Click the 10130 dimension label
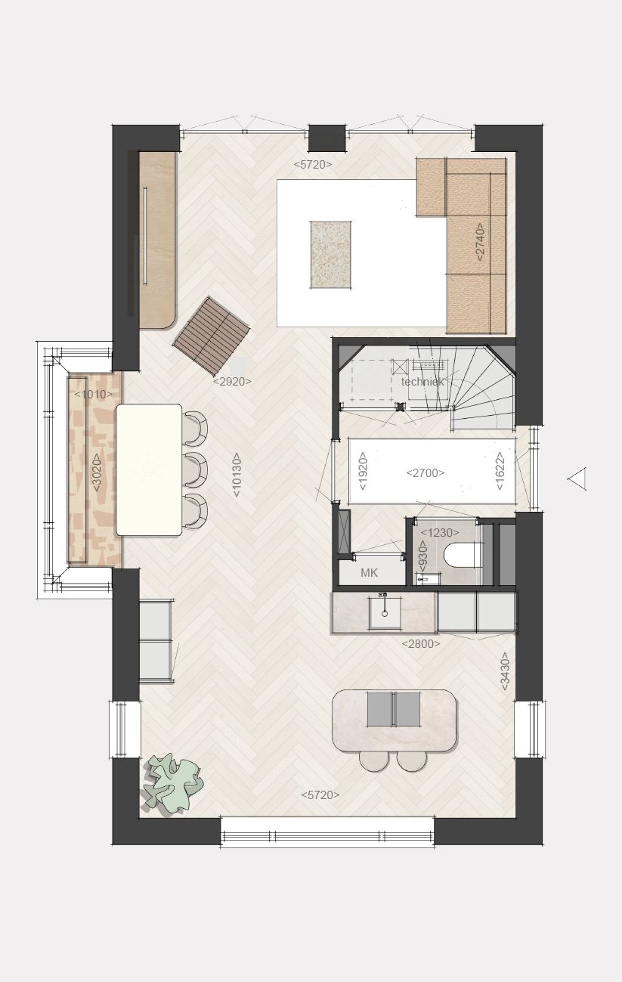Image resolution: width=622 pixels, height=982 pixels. point(237,475)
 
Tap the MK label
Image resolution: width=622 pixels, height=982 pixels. point(369,572)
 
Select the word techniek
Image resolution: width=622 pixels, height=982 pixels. point(422,382)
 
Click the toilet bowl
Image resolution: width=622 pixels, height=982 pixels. point(463,556)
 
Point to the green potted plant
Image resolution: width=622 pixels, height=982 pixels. point(173,784)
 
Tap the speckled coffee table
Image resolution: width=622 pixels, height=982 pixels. point(331,255)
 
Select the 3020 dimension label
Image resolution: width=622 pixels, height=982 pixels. point(97,472)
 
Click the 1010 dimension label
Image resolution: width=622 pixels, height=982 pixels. point(94,394)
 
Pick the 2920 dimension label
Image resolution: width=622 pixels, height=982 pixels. point(232,382)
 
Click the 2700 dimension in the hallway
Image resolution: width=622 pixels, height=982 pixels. point(425,473)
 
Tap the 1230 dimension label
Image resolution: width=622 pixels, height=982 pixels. point(440,533)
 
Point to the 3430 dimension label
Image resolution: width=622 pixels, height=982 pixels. point(505,671)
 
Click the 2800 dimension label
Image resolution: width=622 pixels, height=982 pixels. point(421,643)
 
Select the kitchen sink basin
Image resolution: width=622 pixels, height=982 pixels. point(385,612)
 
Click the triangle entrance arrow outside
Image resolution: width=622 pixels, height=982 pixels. point(577,479)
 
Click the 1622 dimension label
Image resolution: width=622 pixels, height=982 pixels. point(500,471)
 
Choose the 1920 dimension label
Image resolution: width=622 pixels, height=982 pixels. point(363,471)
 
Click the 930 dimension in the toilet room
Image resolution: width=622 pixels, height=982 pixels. point(423,556)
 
